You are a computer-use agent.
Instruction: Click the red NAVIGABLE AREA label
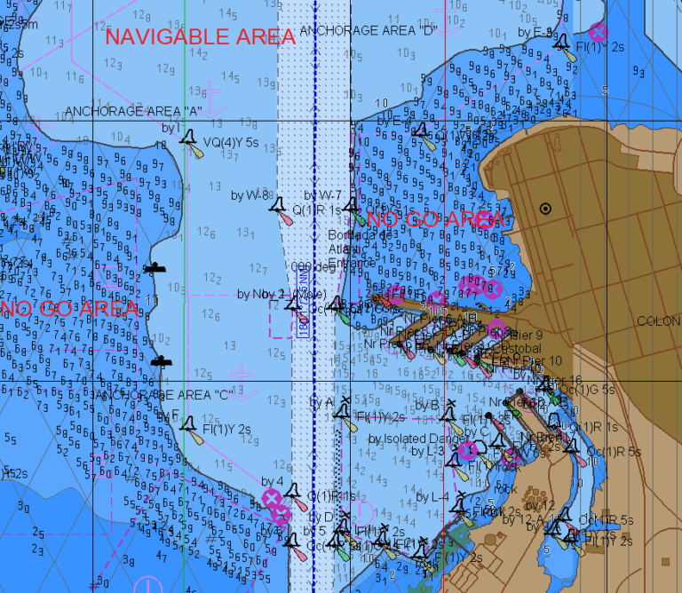[200, 36]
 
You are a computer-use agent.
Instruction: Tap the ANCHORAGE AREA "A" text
[134, 112]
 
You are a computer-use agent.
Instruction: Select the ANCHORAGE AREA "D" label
[369, 30]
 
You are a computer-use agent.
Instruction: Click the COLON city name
[658, 321]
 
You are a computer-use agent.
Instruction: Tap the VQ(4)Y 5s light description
[230, 142]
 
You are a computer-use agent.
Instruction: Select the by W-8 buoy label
[250, 194]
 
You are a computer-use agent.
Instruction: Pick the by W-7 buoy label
[323, 194]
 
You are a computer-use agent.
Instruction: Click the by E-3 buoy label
[535, 32]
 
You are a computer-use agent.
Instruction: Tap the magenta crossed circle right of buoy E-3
[599, 32]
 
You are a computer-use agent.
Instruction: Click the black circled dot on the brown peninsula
[545, 209]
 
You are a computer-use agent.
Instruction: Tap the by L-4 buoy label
[433, 497]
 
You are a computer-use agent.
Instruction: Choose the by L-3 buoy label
[429, 451]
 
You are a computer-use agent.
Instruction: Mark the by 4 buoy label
[273, 482]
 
